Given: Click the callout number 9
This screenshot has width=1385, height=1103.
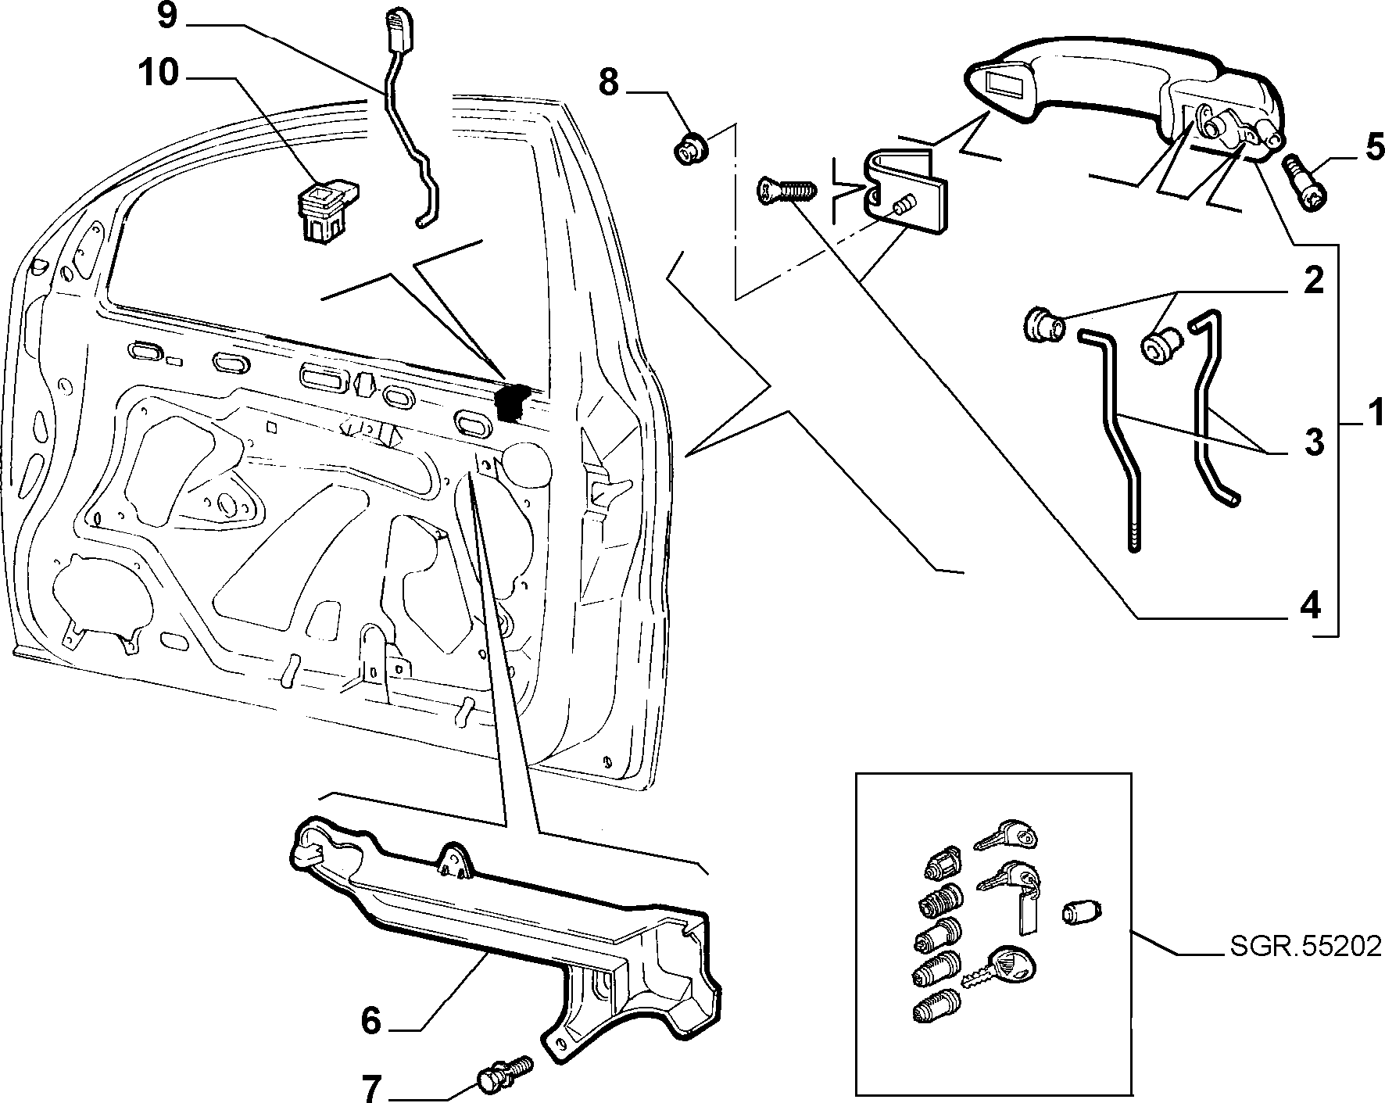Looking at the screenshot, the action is pos(167,16).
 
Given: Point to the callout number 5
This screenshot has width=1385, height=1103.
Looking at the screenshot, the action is pos(1373,148).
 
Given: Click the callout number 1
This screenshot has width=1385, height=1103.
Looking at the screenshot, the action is pos(1374,412).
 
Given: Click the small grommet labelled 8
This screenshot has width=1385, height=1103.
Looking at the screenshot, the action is pos(688,148).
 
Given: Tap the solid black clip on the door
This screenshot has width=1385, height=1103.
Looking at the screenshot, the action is pos(512,403).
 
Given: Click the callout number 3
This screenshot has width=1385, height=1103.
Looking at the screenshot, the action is pos(1313,442).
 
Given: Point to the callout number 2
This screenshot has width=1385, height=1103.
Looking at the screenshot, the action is pos(1312,280).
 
